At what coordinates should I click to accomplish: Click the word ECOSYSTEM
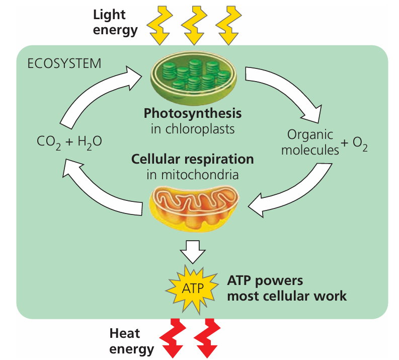[64, 64]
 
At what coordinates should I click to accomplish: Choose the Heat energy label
[132, 341]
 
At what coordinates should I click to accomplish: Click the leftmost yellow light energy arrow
[161, 25]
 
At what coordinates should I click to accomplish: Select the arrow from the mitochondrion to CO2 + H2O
[101, 189]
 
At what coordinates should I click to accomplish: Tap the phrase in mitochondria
[193, 175]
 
